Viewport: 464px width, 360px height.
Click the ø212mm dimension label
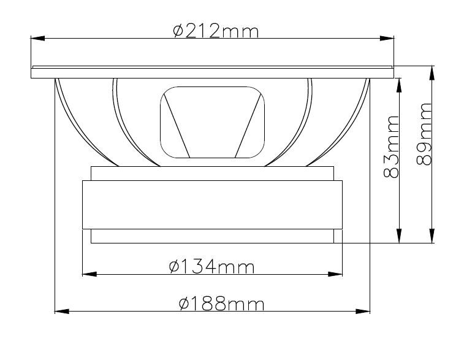coord(216,31)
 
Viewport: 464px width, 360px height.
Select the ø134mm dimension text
coord(211,266)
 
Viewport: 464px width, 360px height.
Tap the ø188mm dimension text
coord(221,304)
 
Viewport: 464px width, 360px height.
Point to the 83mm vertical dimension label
coord(391,147)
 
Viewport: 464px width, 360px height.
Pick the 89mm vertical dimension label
coord(424,134)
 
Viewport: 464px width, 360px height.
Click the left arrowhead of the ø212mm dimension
coord(38,38)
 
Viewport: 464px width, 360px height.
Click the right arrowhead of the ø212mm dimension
coord(387,38)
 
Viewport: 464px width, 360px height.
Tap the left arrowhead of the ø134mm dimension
coord(89,274)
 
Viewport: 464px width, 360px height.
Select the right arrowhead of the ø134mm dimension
coord(335,274)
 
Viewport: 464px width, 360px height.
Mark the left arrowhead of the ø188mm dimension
coord(62,312)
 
